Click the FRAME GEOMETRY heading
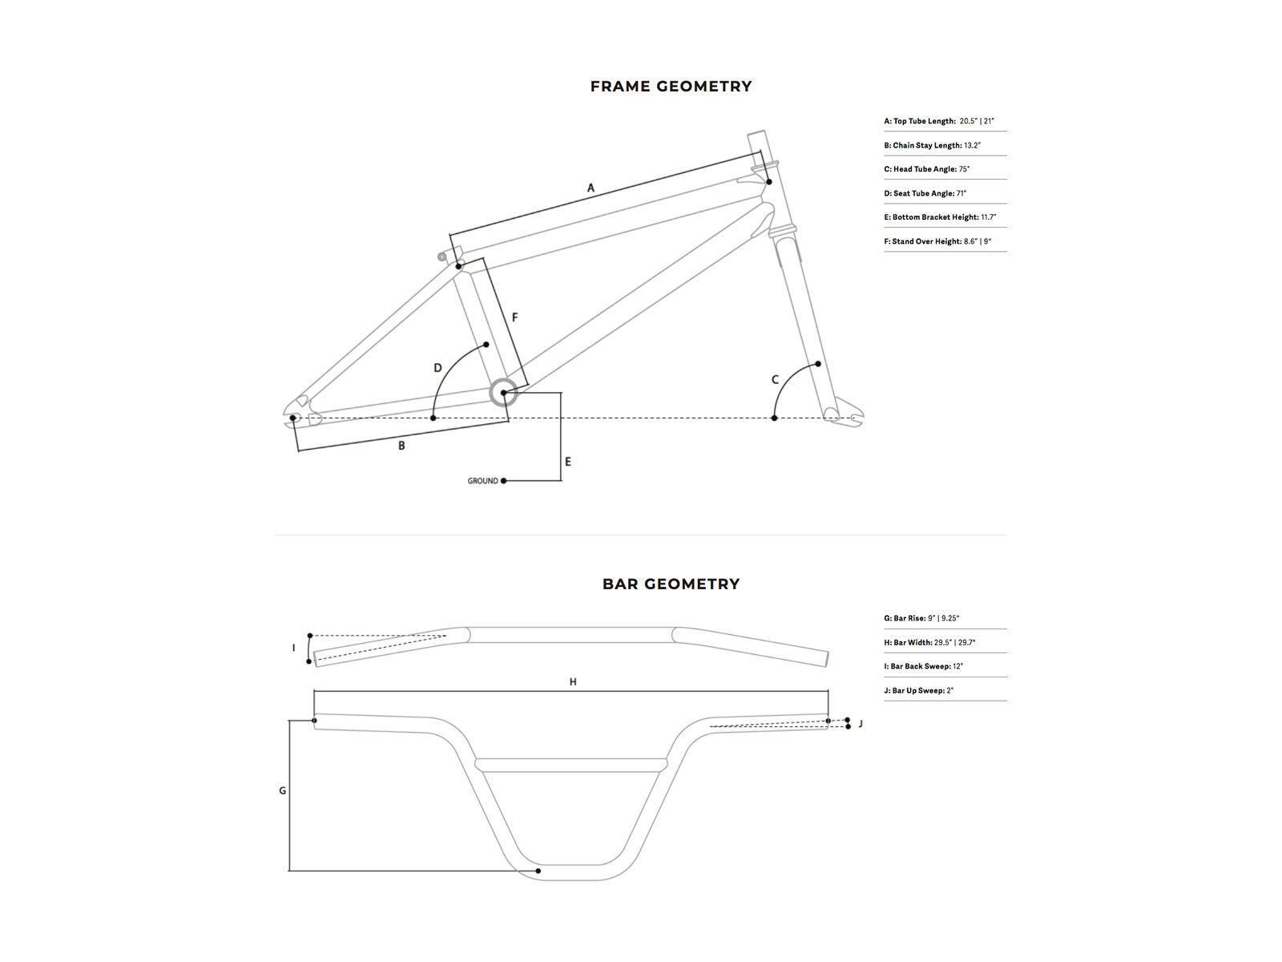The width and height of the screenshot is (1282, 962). pyautogui.click(x=671, y=87)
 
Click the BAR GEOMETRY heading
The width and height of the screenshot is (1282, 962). pyautogui.click(x=671, y=584)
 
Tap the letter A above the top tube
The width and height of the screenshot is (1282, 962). pyautogui.click(x=591, y=188)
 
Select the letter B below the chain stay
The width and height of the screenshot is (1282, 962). pyautogui.click(x=401, y=446)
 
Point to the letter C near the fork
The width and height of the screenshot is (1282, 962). pyautogui.click(x=775, y=380)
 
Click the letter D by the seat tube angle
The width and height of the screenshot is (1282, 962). pyautogui.click(x=437, y=369)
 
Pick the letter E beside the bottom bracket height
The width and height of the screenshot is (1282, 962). pyautogui.click(x=568, y=462)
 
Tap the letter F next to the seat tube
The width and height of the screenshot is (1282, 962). pyautogui.click(x=514, y=318)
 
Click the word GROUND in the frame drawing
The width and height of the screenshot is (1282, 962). pyautogui.click(x=482, y=481)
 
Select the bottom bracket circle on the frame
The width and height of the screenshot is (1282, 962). pyautogui.click(x=503, y=393)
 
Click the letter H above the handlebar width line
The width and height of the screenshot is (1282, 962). pyautogui.click(x=573, y=682)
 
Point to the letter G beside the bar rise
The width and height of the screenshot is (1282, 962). pyautogui.click(x=282, y=791)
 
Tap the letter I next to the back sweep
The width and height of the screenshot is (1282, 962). pyautogui.click(x=293, y=648)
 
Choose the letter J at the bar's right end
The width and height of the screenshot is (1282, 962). pyautogui.click(x=861, y=724)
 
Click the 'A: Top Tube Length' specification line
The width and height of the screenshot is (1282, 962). pyautogui.click(x=939, y=121)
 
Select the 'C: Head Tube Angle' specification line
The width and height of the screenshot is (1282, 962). pyautogui.click(x=926, y=169)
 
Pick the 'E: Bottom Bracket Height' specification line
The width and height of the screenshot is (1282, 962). pyautogui.click(x=940, y=217)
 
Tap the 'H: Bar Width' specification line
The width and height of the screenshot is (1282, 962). pyautogui.click(x=929, y=642)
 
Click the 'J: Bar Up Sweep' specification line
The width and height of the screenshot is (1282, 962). pyautogui.click(x=918, y=690)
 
